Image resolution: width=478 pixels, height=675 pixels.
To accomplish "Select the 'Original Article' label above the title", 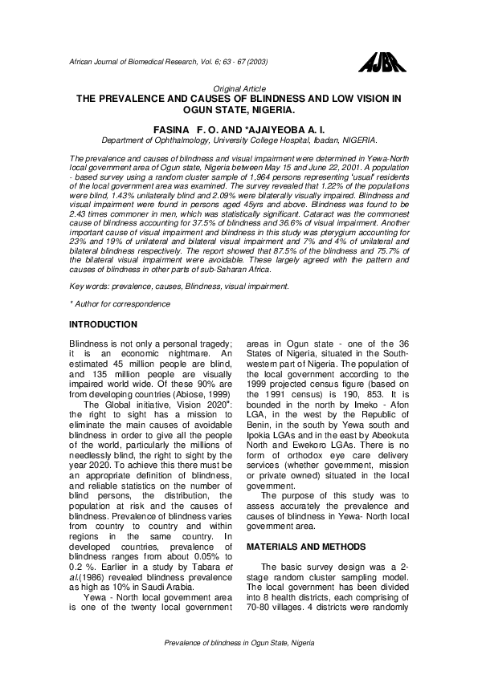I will pos(239,87).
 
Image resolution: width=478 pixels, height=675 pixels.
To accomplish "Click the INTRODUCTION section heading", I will pos(104,324).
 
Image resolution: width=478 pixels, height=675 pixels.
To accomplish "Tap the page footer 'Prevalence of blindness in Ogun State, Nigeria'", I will pos(239,643).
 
